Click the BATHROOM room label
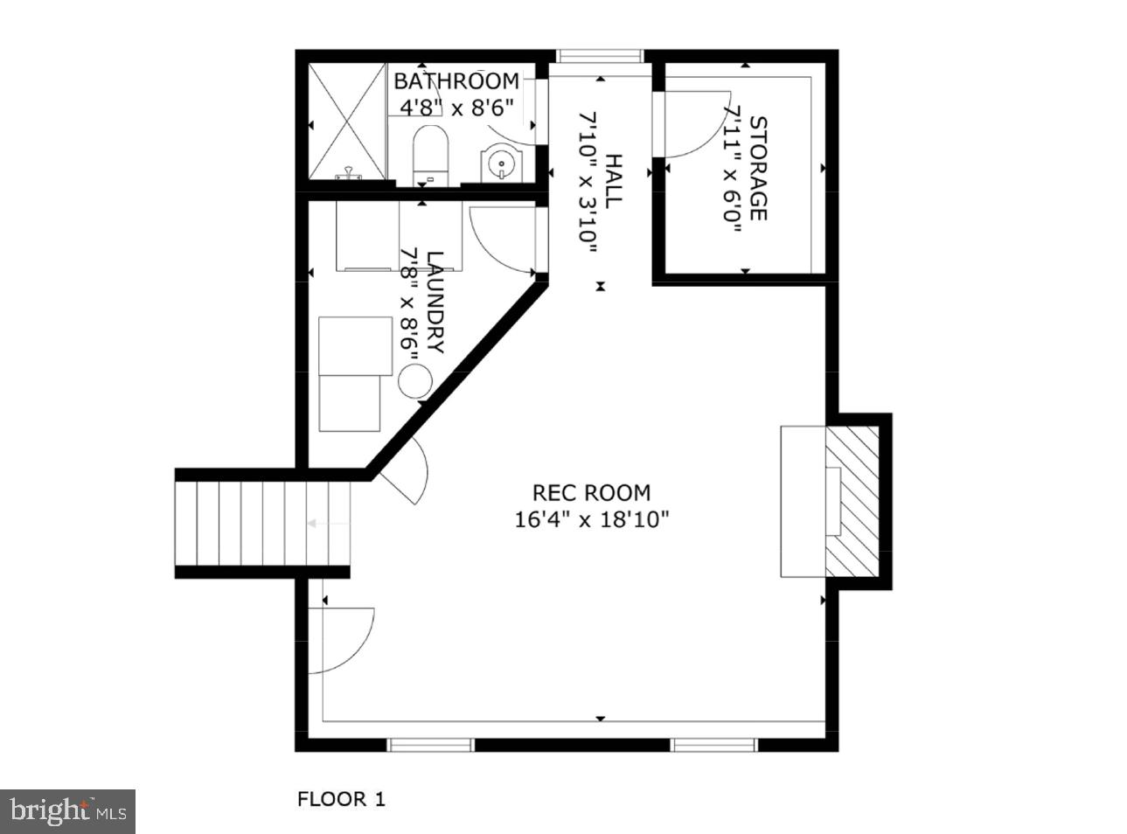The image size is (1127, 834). tap(456, 81)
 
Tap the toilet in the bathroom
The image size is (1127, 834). tap(429, 154)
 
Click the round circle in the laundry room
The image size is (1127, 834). tap(415, 381)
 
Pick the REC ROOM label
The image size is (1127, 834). tap(592, 493)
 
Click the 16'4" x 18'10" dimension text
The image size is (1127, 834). tap(592, 520)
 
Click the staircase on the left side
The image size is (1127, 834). tap(263, 524)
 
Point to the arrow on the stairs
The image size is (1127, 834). tap(315, 524)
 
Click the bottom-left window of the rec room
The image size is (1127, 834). tap(430, 745)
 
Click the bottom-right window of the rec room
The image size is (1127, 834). tap(713, 745)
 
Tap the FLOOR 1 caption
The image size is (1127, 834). tap(341, 798)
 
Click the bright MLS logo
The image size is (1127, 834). tap(68, 812)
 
